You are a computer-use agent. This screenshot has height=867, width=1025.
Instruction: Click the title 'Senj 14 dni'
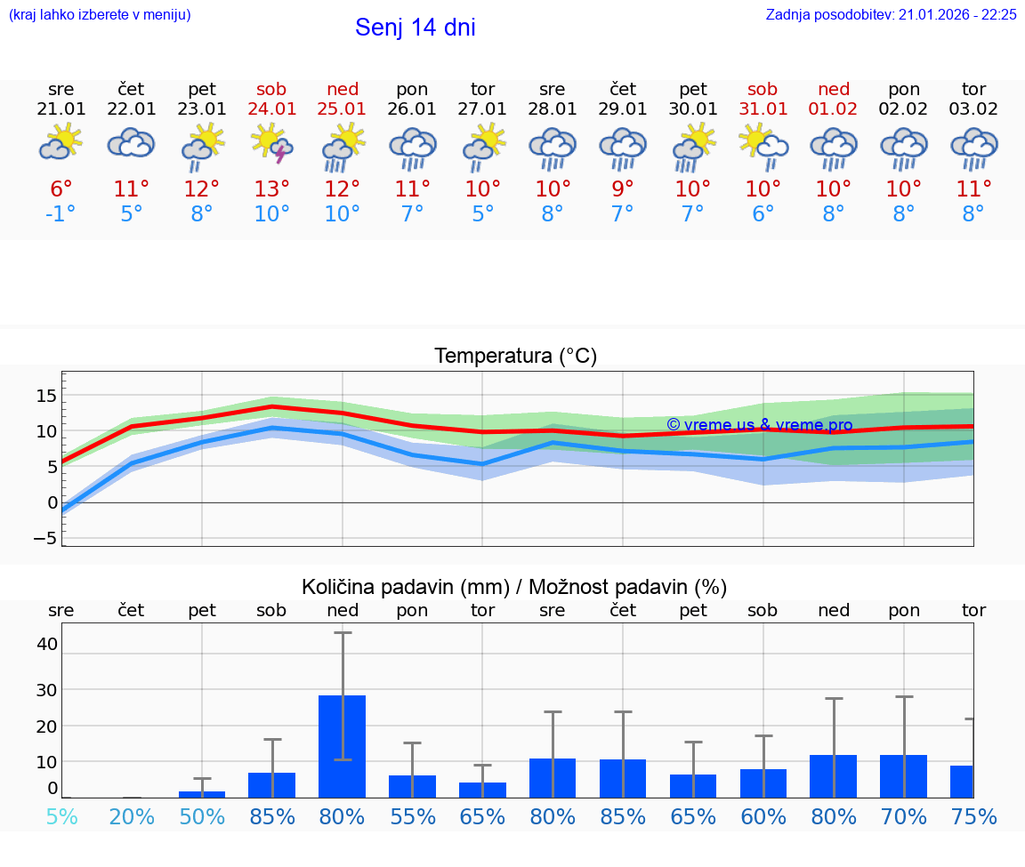click(x=415, y=28)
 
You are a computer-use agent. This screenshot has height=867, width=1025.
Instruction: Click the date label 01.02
click(x=834, y=109)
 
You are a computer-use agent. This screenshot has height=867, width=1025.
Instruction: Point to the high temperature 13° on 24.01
click(x=272, y=189)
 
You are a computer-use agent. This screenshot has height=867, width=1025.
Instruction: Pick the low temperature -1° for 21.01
click(x=61, y=214)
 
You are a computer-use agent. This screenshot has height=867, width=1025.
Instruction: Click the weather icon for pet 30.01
click(x=693, y=146)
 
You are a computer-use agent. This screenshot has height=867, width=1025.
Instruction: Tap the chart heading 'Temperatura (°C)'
click(x=515, y=357)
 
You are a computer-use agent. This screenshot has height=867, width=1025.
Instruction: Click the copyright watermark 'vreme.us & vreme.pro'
click(x=759, y=425)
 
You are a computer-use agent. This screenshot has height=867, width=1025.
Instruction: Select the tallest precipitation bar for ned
click(x=343, y=746)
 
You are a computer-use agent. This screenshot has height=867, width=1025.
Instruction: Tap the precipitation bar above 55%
click(x=412, y=786)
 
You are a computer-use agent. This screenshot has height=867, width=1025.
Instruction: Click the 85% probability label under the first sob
click(x=272, y=816)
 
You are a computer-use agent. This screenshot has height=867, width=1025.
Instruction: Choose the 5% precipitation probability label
click(x=61, y=816)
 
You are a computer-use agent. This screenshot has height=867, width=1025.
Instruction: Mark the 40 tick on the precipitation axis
click(x=46, y=644)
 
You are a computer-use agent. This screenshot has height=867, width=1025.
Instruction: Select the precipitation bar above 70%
click(x=903, y=775)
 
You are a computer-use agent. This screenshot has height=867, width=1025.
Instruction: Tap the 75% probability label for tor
click(x=973, y=816)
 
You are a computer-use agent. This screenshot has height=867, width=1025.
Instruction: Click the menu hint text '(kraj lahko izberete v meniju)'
click(x=100, y=15)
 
